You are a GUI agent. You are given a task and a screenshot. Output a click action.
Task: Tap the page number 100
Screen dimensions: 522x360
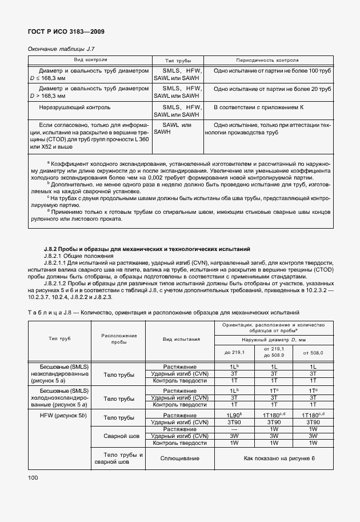coord(34,477)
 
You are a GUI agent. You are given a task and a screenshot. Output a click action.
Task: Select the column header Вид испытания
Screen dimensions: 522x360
coord(180,339)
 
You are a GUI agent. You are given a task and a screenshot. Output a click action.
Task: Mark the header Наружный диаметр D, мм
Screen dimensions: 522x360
coord(274,341)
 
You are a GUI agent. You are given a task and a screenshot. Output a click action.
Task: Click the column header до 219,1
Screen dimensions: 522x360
coord(234,353)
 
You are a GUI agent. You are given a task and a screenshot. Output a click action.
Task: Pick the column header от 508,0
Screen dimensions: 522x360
coord(313,353)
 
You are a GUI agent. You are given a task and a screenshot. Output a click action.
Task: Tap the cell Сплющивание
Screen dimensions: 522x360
coord(180,459)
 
